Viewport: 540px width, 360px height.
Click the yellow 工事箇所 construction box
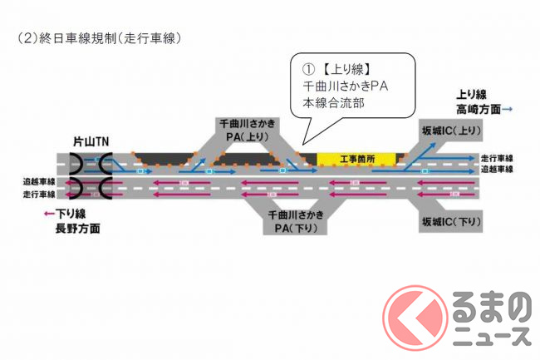(360, 158)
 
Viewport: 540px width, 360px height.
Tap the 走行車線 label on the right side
(498, 158)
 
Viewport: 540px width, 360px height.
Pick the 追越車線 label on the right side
(498, 170)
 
